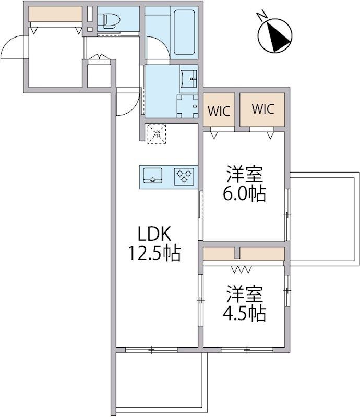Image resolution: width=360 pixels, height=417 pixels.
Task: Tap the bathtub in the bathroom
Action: [184, 32]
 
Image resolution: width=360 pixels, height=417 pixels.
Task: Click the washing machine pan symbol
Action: [187, 106]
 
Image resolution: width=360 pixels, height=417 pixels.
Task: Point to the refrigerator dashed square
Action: [157, 134]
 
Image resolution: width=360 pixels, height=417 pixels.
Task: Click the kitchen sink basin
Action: [152, 176]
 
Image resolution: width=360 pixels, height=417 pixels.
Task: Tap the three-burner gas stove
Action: [184, 176]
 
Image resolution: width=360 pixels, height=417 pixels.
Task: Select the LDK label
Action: [154, 234]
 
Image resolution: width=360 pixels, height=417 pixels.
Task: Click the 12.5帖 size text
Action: [154, 253]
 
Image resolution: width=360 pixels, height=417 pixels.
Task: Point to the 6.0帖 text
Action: [244, 194]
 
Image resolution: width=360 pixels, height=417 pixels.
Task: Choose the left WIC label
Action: [219, 111]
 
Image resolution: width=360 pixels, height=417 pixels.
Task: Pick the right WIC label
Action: [263, 109]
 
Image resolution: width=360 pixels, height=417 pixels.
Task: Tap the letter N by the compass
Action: [262, 16]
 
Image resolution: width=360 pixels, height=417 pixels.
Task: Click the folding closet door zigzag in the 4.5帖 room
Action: [241, 270]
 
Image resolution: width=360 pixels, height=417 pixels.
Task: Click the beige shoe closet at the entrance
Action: [55, 14]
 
